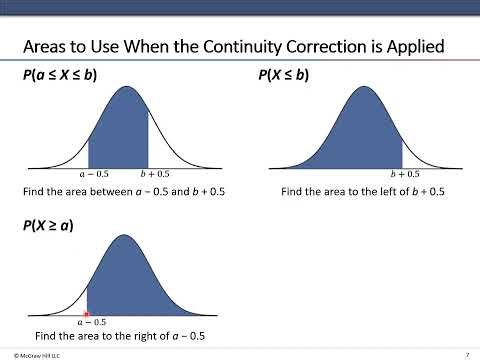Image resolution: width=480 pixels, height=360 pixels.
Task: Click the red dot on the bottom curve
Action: coord(88,313)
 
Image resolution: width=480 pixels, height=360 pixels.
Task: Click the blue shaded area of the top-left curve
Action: coord(120,135)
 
